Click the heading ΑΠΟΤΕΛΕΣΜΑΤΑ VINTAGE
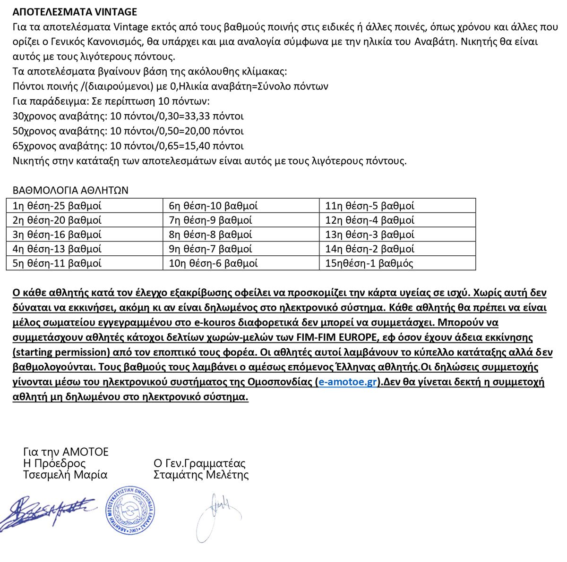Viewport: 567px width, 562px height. click(x=75, y=12)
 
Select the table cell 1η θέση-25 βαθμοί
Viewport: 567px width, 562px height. click(x=57, y=206)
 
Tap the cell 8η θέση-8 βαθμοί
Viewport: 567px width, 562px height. click(x=210, y=235)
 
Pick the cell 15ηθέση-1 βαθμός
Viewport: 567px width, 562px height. click(x=369, y=263)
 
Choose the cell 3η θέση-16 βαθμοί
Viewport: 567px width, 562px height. click(x=57, y=235)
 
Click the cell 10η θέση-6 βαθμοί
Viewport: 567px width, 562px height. click(x=213, y=263)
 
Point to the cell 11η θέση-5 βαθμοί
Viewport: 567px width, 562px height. click(x=369, y=206)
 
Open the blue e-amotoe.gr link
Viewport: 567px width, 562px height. click(x=347, y=382)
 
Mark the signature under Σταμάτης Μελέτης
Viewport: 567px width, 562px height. click(x=216, y=514)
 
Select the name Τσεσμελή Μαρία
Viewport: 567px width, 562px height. click(x=65, y=475)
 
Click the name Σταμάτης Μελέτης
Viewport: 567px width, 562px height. click(x=201, y=475)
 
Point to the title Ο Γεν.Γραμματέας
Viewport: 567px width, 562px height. click(x=199, y=463)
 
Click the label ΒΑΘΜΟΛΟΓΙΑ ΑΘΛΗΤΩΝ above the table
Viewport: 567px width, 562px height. click(x=70, y=191)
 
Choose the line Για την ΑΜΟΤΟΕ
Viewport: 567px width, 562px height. click(x=66, y=452)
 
